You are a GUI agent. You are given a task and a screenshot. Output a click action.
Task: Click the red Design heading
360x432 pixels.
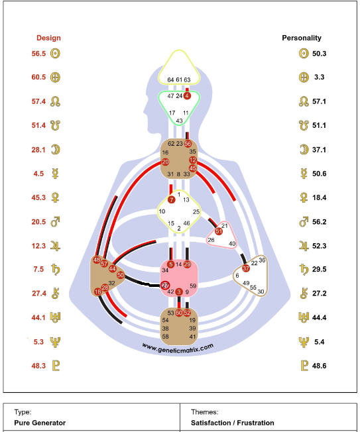[x=48, y=38]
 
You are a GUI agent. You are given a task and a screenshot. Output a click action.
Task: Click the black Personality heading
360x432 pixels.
[x=302, y=38]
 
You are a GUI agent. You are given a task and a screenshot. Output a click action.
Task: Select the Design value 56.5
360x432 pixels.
[x=38, y=54]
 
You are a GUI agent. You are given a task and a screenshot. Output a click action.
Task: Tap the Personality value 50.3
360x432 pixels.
[x=319, y=54]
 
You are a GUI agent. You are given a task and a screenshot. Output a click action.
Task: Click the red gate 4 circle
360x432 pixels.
[x=187, y=95]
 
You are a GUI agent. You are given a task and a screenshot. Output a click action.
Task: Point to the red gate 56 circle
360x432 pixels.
[x=188, y=144]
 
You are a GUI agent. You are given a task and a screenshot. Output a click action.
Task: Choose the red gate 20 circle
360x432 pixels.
[x=165, y=162]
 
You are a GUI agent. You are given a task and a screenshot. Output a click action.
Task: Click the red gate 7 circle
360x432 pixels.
[x=172, y=199]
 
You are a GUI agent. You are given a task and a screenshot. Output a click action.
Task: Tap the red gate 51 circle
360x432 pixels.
[x=219, y=231]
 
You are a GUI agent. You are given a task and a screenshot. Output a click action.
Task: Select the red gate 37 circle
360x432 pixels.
[x=245, y=268]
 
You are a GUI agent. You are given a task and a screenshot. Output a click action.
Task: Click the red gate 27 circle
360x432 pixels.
[x=165, y=285]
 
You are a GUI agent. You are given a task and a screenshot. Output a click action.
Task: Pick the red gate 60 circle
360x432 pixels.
[x=179, y=313]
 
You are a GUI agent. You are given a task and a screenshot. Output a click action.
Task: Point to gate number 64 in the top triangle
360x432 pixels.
[x=170, y=80]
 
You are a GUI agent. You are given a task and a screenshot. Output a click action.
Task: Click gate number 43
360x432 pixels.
[x=179, y=121]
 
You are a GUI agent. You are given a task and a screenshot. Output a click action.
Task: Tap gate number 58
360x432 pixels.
[x=165, y=337]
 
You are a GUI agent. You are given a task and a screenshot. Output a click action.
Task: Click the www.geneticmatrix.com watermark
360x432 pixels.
[x=178, y=348]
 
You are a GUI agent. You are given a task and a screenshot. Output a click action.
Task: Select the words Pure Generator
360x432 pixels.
[x=40, y=423]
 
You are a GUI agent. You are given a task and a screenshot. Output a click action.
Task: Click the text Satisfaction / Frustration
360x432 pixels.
[x=232, y=423]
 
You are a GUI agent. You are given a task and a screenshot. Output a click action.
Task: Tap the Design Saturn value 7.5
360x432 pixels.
[x=38, y=269]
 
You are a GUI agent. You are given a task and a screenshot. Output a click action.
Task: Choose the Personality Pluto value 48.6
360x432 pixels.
[x=319, y=366]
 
